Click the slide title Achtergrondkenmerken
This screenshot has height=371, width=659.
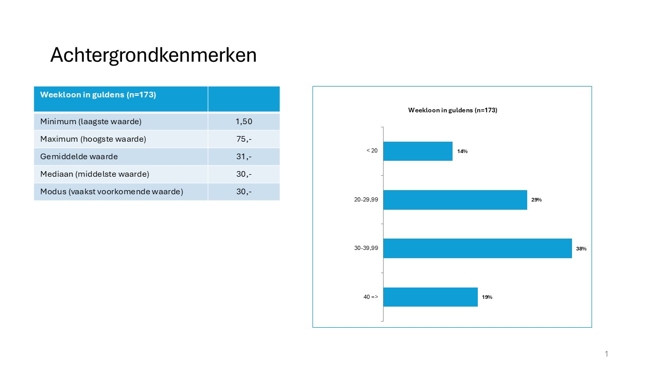(153, 55)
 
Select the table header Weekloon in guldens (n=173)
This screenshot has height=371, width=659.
(98, 95)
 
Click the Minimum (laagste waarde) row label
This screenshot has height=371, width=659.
(91, 122)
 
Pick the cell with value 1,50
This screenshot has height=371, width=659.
(244, 122)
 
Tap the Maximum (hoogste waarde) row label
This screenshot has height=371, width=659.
(93, 139)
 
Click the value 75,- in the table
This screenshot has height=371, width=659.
(244, 139)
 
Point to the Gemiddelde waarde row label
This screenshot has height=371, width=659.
(79, 157)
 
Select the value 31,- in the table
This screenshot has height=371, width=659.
(244, 157)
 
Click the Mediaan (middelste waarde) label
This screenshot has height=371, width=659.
(95, 174)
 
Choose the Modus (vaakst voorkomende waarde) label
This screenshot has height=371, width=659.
(112, 192)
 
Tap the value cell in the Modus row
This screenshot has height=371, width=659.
(244, 192)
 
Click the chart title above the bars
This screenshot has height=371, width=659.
(453, 110)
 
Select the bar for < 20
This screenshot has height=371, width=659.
(418, 151)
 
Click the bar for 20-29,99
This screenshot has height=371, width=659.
(455, 200)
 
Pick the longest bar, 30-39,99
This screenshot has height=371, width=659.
(477, 248)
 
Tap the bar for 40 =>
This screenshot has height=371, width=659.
(430, 297)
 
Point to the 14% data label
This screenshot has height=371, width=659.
(462, 151)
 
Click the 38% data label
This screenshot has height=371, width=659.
(581, 249)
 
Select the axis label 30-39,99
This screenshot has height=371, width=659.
(366, 248)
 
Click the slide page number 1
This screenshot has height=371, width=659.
(606, 353)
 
